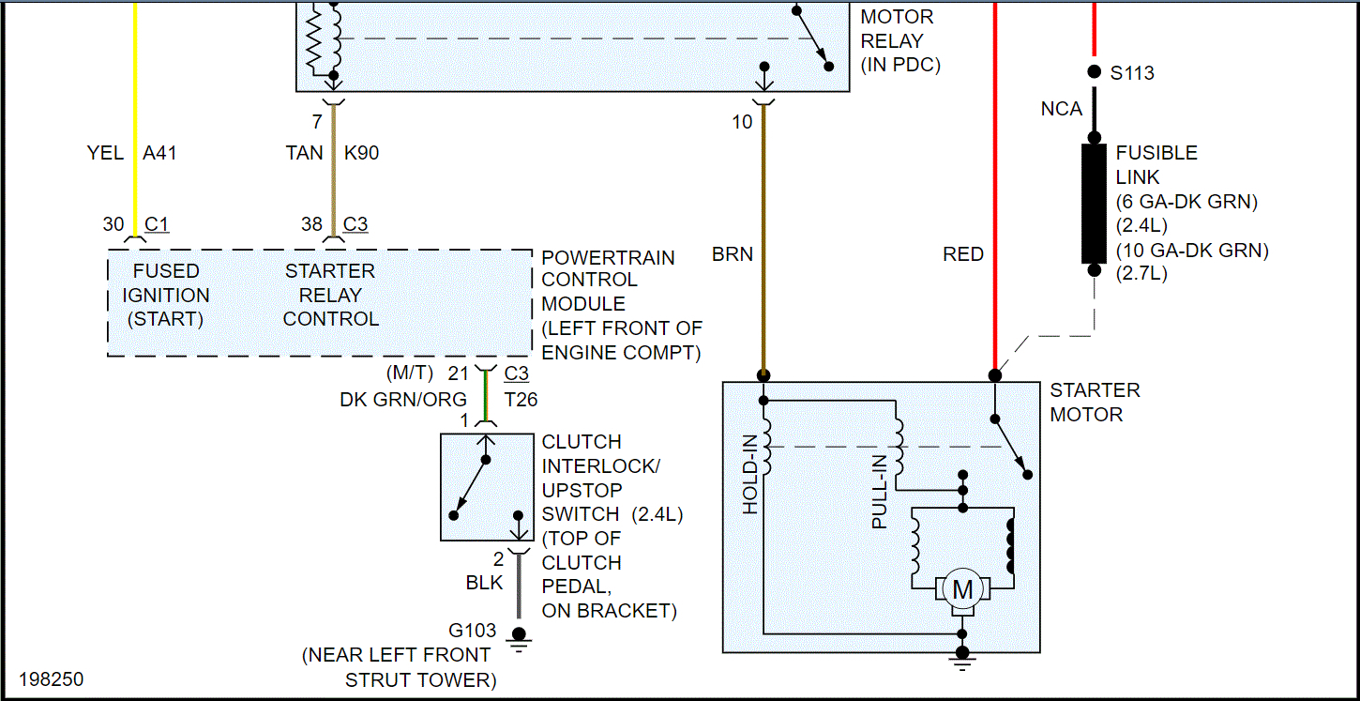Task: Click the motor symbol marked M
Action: click(962, 590)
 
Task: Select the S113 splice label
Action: click(1132, 72)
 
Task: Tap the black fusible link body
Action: click(1094, 203)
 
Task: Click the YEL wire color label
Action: click(105, 152)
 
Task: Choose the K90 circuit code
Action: click(361, 152)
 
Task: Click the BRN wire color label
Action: click(732, 254)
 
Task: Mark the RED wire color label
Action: click(963, 254)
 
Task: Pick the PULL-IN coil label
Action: click(880, 492)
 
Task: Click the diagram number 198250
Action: click(51, 678)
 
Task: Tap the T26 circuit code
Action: click(521, 400)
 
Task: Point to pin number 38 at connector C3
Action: click(310, 225)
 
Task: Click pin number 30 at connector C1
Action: click(113, 225)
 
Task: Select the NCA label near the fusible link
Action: click(1062, 109)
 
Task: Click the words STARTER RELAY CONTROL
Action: click(330, 295)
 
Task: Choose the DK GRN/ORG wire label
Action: click(403, 400)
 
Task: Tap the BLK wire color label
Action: click(484, 583)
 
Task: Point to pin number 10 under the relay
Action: click(742, 121)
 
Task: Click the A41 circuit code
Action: click(159, 152)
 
